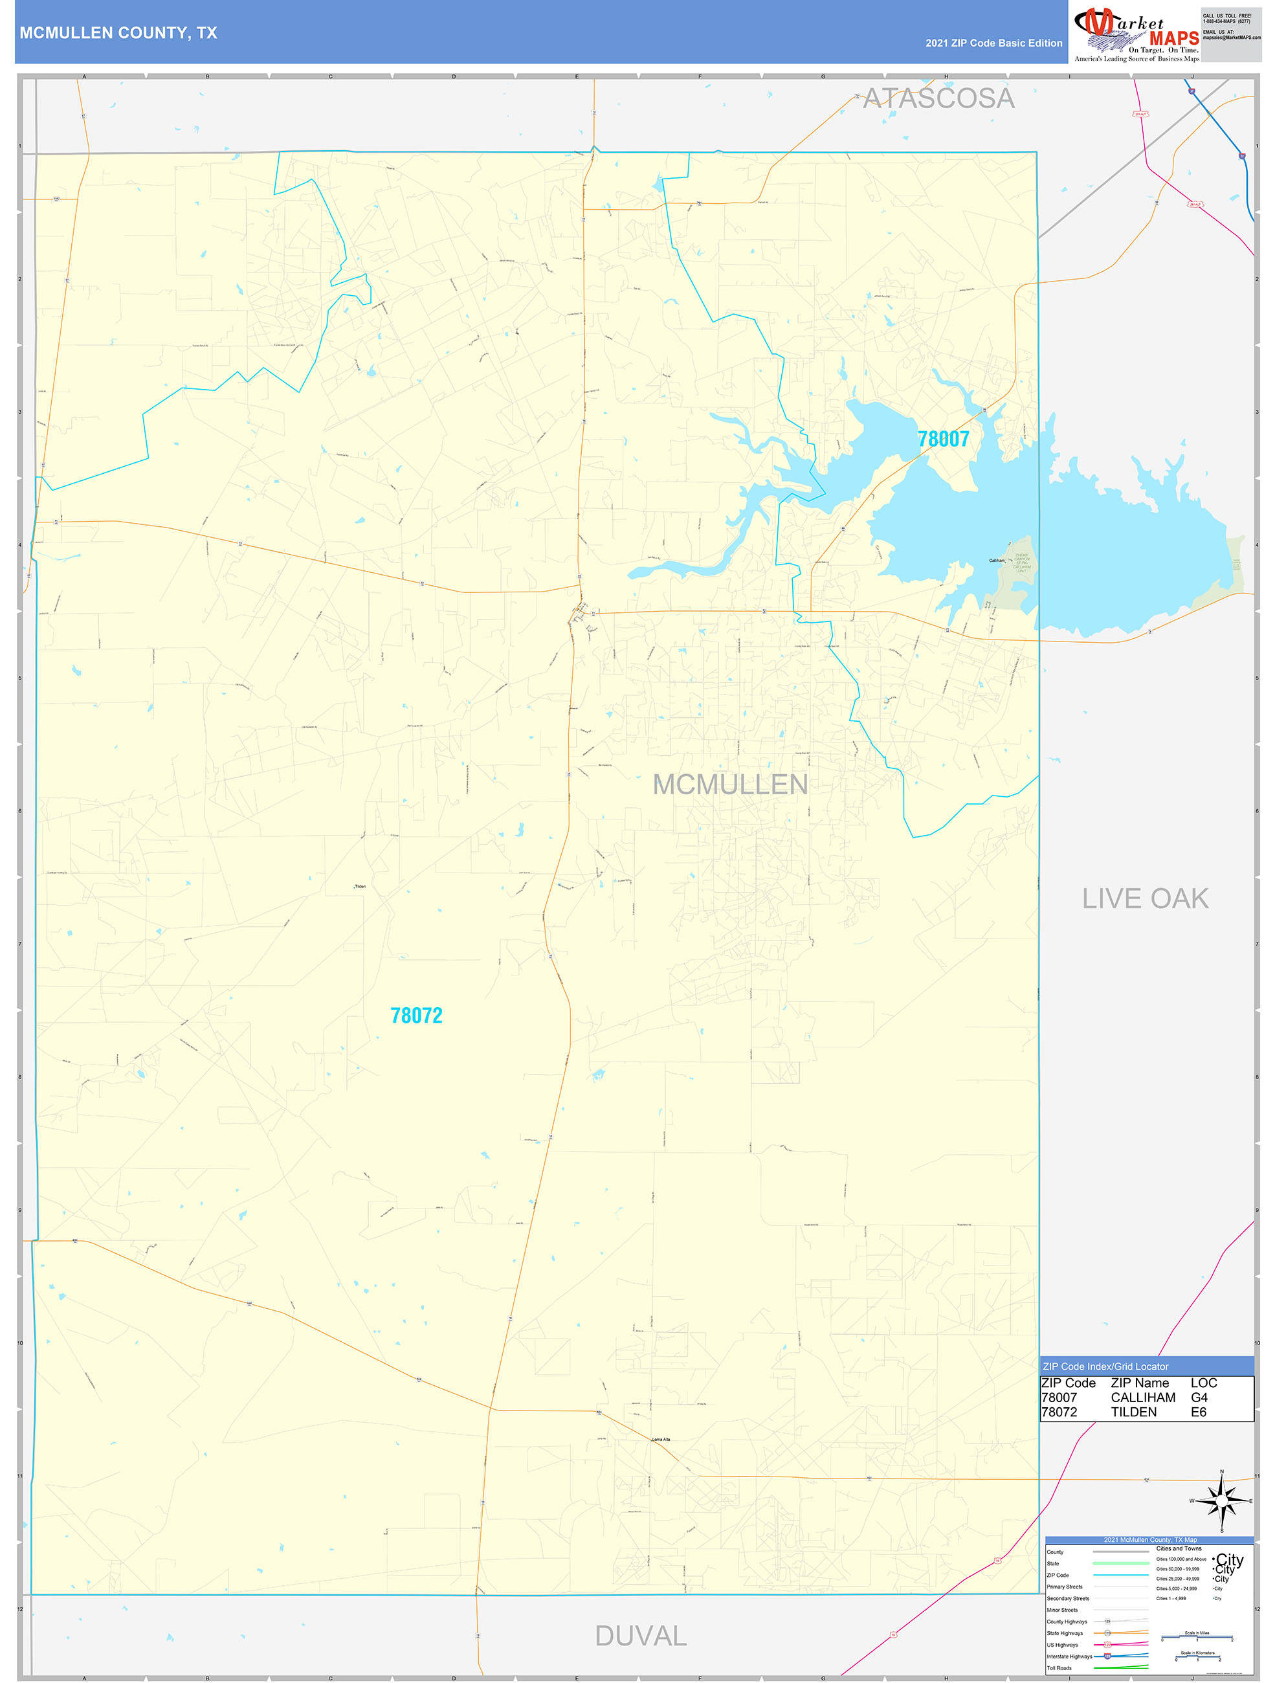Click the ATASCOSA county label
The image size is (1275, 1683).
point(938,98)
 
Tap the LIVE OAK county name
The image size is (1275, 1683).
point(1145,898)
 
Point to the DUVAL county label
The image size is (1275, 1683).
point(641,1636)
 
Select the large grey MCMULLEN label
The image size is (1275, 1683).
point(730,785)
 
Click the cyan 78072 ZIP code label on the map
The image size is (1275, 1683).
point(416,1016)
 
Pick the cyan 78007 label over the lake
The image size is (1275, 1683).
point(944,439)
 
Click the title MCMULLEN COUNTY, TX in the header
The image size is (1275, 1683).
point(118,33)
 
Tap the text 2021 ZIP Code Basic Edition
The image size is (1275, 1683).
point(993,43)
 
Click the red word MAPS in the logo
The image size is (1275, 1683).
point(1174,38)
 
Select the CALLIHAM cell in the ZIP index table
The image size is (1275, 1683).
point(1142,1398)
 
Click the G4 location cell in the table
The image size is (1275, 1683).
point(1199,1398)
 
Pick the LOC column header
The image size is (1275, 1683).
point(1204,1383)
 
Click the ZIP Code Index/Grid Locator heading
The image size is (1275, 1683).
point(1105,1366)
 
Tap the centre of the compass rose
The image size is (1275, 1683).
point(1222,1501)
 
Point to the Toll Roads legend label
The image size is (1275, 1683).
point(1059,1667)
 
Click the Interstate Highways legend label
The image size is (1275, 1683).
point(1069,1656)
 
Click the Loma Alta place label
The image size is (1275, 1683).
point(661,1440)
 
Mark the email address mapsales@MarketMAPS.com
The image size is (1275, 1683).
point(1231,38)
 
